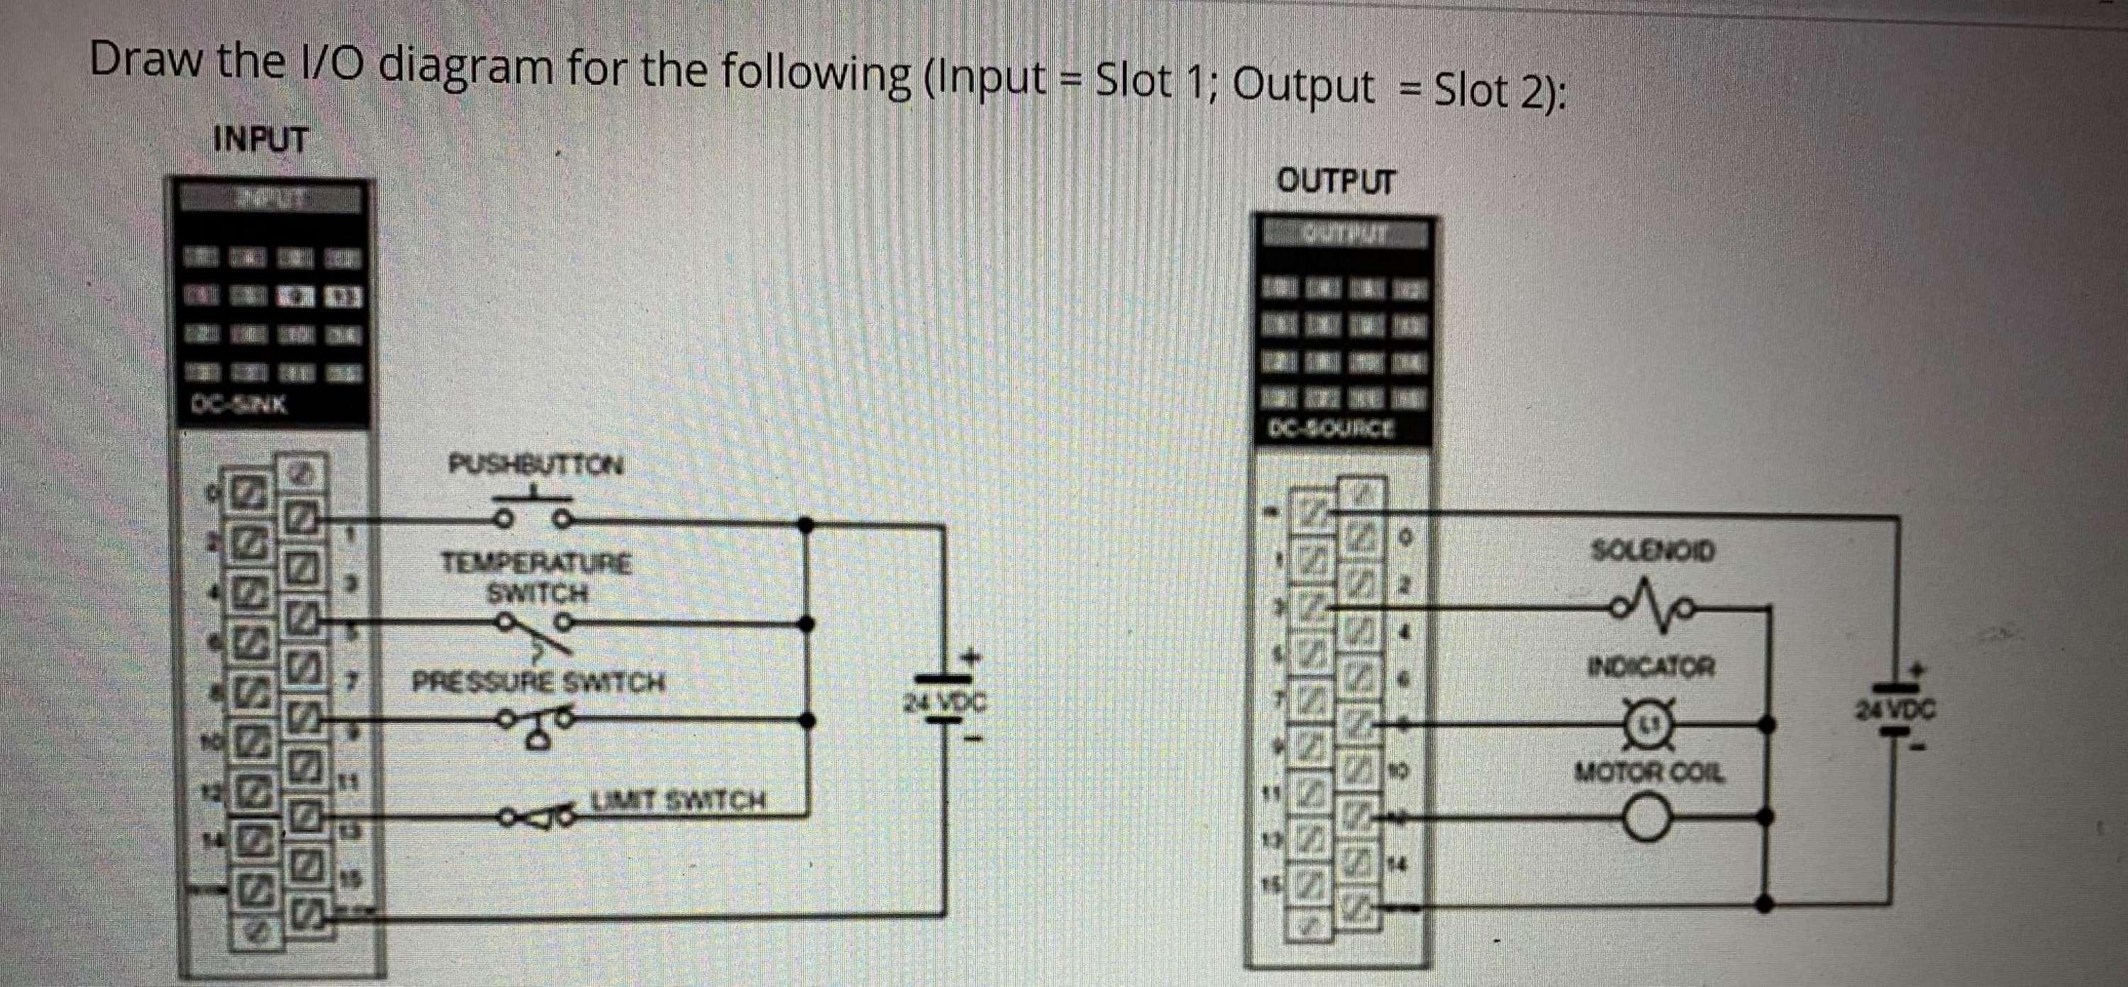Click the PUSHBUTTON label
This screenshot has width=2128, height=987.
(x=536, y=464)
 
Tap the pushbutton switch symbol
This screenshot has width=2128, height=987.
(x=533, y=513)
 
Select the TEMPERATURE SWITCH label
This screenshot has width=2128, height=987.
(x=537, y=578)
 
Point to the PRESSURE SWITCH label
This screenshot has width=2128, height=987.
(x=538, y=683)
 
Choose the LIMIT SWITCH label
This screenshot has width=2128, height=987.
(x=677, y=800)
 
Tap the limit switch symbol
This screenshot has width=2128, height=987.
(x=537, y=817)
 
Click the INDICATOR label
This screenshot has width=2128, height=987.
(x=1651, y=665)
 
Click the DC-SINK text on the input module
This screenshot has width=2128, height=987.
(x=240, y=405)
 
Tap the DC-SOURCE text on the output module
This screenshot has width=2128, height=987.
(x=1332, y=428)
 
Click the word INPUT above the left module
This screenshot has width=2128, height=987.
(x=260, y=139)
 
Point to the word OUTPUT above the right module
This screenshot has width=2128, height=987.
(x=1335, y=181)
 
